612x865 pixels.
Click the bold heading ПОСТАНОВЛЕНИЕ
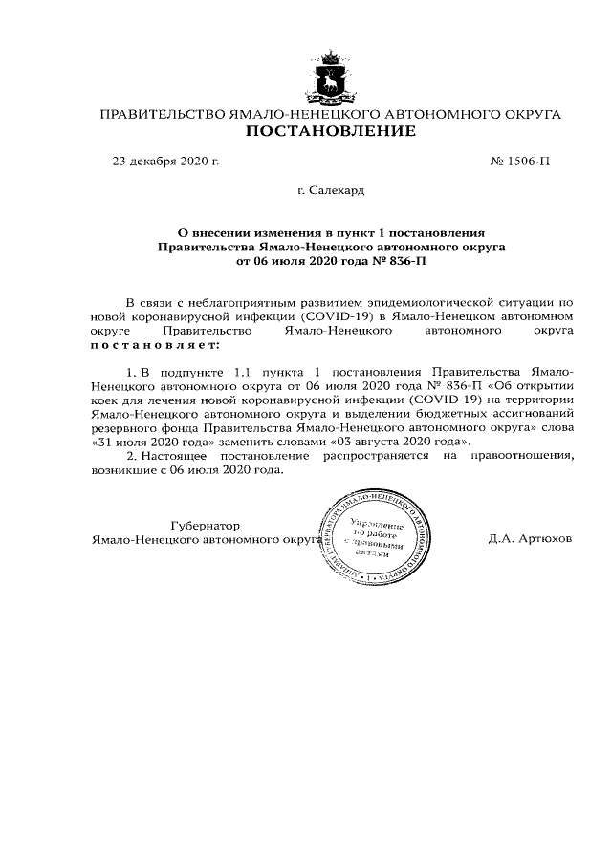(331, 131)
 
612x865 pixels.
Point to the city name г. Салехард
(331, 190)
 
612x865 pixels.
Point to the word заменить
(254, 443)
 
